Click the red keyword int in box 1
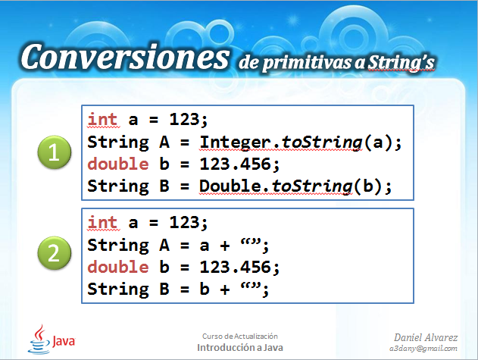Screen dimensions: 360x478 pyautogui.click(x=102, y=120)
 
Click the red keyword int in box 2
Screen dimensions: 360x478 pyautogui.click(x=102, y=223)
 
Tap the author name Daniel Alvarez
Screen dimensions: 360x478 pyautogui.click(x=426, y=336)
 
